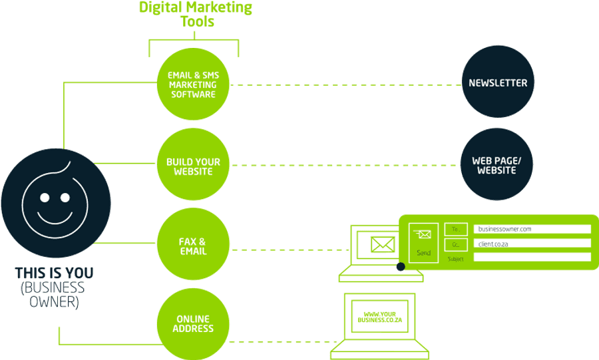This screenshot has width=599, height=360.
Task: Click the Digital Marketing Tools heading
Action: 195,14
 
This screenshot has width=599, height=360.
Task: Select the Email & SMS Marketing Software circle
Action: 193,85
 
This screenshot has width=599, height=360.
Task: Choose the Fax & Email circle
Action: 193,246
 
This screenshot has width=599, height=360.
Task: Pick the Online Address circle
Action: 193,324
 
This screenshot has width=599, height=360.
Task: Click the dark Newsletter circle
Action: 498,83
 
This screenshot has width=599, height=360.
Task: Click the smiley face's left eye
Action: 44,198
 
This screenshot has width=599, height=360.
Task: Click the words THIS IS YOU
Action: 55,273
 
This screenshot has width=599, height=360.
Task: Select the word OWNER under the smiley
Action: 55,301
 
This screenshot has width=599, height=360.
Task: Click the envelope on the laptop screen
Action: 383,244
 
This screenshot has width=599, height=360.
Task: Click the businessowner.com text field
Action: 532,229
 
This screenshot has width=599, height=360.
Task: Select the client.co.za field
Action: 532,244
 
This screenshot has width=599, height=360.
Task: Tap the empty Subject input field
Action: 532,258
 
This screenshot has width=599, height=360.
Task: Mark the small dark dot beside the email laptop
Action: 401,267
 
